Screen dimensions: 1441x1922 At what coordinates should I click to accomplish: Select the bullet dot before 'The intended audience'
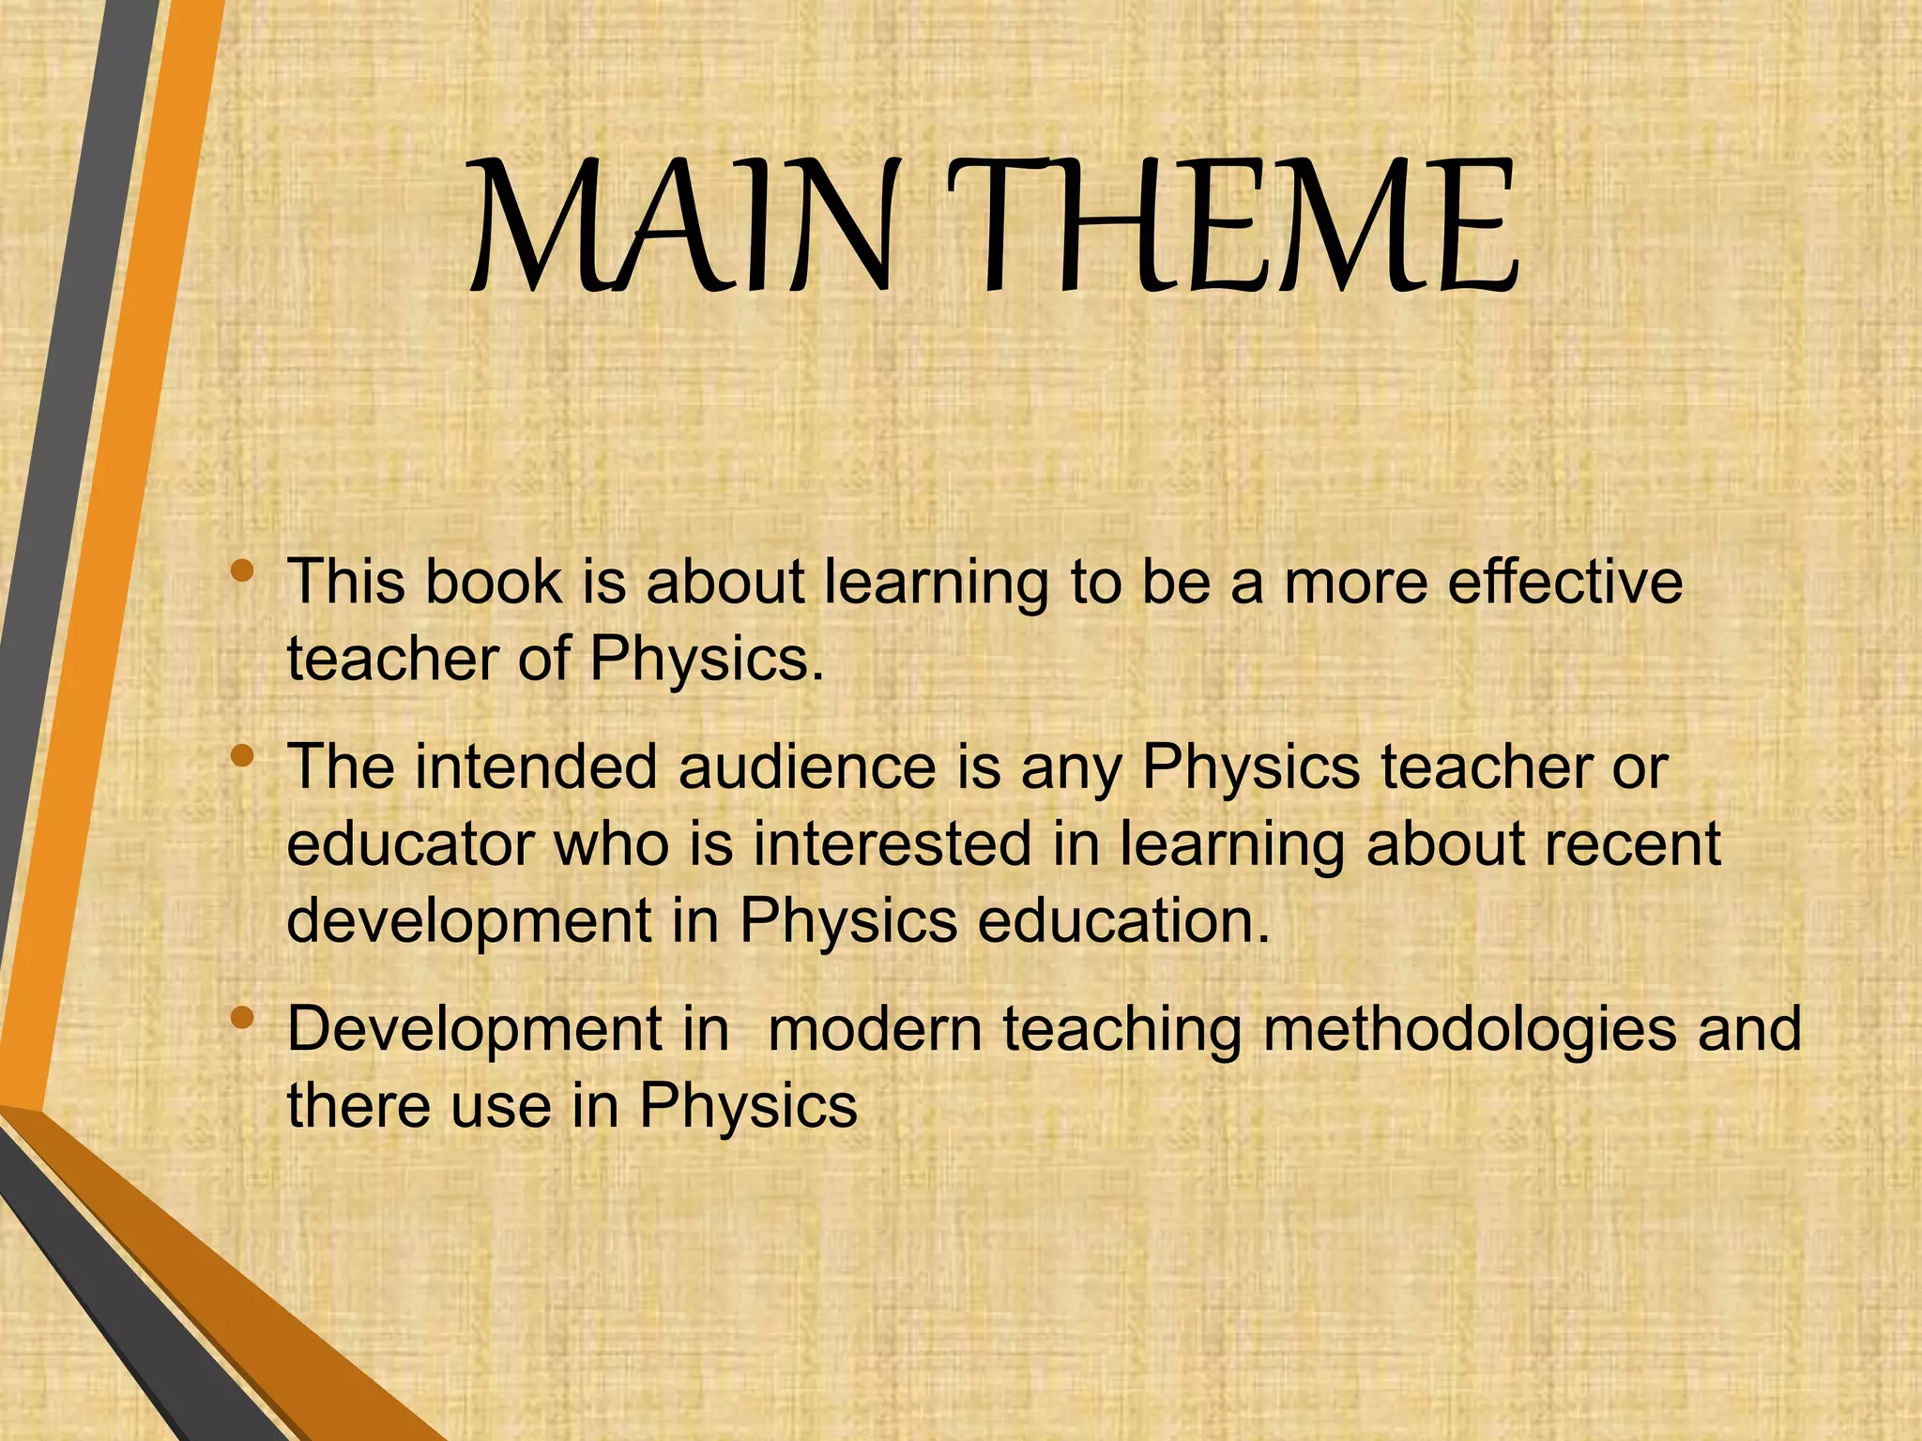[242, 755]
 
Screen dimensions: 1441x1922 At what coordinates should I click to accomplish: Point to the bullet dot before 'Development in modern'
[242, 1017]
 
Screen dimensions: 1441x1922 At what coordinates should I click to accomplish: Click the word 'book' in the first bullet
[493, 582]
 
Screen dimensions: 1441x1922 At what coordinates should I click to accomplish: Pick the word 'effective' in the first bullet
[1564, 582]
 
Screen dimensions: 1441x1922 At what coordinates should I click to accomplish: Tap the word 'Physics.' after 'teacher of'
[707, 660]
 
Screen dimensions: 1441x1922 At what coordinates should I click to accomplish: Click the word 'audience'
[807, 767]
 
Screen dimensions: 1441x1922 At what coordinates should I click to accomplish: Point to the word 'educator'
[410, 843]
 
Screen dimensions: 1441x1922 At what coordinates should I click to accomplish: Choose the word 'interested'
[892, 843]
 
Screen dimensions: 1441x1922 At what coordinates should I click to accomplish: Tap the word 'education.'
[1123, 920]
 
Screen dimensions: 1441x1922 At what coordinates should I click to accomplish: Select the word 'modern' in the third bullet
[875, 1029]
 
